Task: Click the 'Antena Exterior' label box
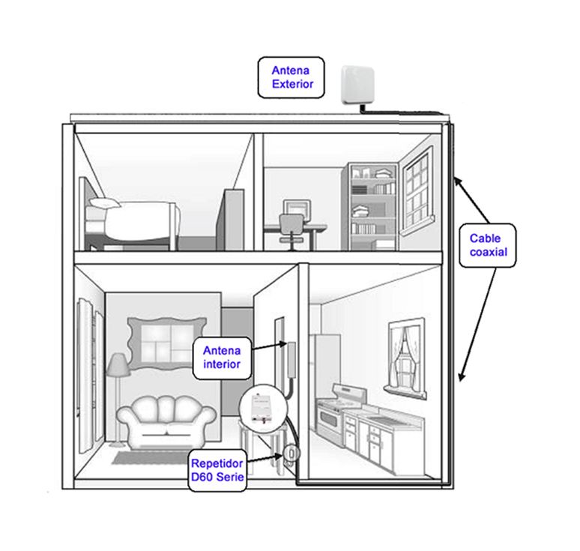point(291,77)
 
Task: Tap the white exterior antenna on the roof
point(357,85)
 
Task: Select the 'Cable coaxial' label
point(487,245)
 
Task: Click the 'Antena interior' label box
point(222,358)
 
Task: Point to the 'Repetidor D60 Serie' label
point(217,470)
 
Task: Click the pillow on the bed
point(105,202)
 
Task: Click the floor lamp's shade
point(118,364)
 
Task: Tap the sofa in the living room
point(166,422)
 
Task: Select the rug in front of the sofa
point(151,457)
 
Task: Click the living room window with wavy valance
point(166,343)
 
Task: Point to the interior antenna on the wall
point(291,360)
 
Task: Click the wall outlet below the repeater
point(291,453)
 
